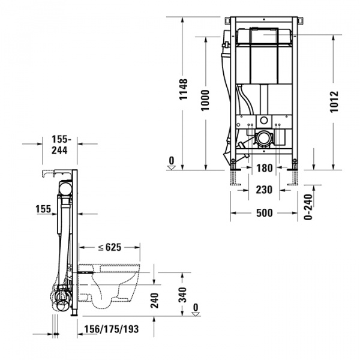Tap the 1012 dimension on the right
click(x=334, y=103)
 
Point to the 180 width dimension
click(x=265, y=169)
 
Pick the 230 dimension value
click(x=265, y=190)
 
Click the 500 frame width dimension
click(x=265, y=213)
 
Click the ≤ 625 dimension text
click(x=109, y=247)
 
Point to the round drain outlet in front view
click(x=262, y=140)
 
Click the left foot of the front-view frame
click(x=233, y=177)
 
